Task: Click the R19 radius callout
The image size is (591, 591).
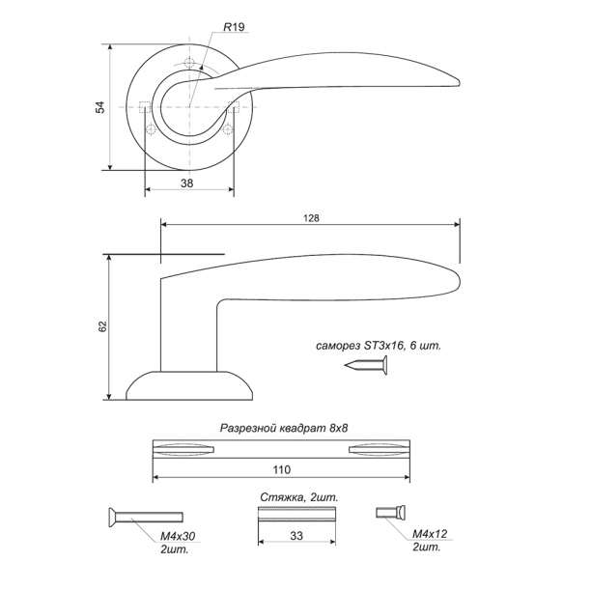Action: (x=234, y=27)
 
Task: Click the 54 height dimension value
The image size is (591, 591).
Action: (x=100, y=107)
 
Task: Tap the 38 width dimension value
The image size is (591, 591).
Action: (x=187, y=183)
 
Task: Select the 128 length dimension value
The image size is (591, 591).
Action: (x=311, y=218)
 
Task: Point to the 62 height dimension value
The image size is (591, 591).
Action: (x=103, y=326)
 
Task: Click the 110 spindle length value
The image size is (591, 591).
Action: (x=282, y=469)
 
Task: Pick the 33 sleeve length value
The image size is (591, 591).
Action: (x=296, y=536)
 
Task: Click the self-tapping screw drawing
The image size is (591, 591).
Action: (x=366, y=365)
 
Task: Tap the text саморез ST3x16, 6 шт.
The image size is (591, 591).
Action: (x=378, y=346)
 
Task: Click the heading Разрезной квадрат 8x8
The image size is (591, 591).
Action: (x=284, y=428)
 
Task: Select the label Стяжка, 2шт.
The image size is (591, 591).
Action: (x=299, y=497)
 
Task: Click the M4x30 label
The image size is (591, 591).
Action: (x=178, y=536)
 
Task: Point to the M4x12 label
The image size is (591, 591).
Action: (x=430, y=534)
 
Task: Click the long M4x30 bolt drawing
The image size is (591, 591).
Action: (x=146, y=518)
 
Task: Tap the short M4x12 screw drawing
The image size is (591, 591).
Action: (x=390, y=513)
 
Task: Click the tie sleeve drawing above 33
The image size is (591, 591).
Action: (x=296, y=514)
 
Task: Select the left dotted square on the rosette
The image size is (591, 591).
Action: (x=145, y=107)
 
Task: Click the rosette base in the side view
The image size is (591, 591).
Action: (x=189, y=385)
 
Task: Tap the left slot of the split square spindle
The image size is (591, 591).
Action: (x=183, y=449)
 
